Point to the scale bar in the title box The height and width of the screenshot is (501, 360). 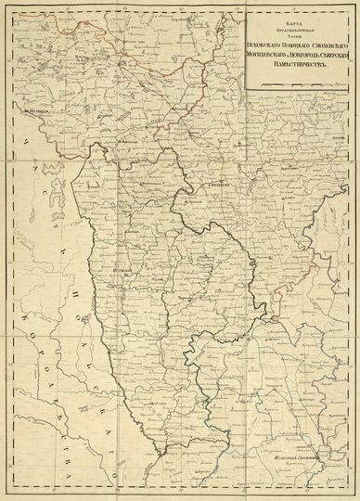(x=297, y=84)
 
